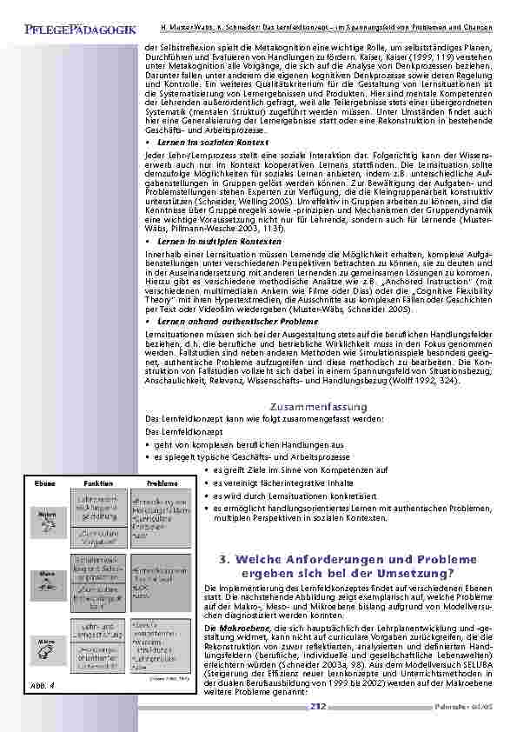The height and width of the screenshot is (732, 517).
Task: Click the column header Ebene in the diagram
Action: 46,483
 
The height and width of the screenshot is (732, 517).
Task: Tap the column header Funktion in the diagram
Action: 97,483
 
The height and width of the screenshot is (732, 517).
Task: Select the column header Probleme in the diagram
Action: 162,483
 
